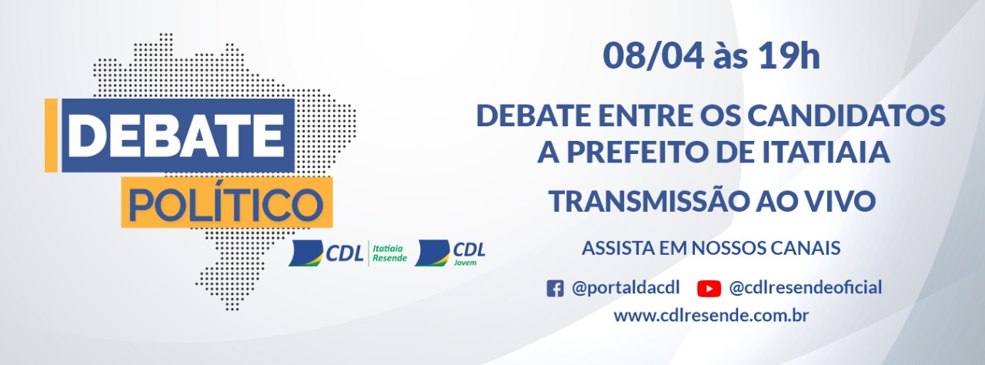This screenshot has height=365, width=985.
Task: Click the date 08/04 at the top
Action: coord(653,57)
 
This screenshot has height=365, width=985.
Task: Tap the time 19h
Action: coord(790,56)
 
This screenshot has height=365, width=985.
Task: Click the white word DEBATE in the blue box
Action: coord(177,136)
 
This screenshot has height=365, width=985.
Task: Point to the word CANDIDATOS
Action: coord(846,116)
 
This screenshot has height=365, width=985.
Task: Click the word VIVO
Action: coord(836,202)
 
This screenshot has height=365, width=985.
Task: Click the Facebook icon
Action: coord(555,289)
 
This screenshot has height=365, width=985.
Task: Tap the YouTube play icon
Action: coord(709,289)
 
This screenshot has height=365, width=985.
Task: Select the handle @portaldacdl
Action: coord(626,288)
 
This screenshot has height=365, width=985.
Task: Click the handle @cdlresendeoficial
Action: coord(806,288)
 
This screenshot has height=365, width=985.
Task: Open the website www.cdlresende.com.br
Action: coord(711,316)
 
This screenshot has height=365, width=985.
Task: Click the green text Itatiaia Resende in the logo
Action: coord(389,253)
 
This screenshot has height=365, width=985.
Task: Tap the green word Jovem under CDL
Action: coord(465,263)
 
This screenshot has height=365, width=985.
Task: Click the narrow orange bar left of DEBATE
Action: coord(51,136)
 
